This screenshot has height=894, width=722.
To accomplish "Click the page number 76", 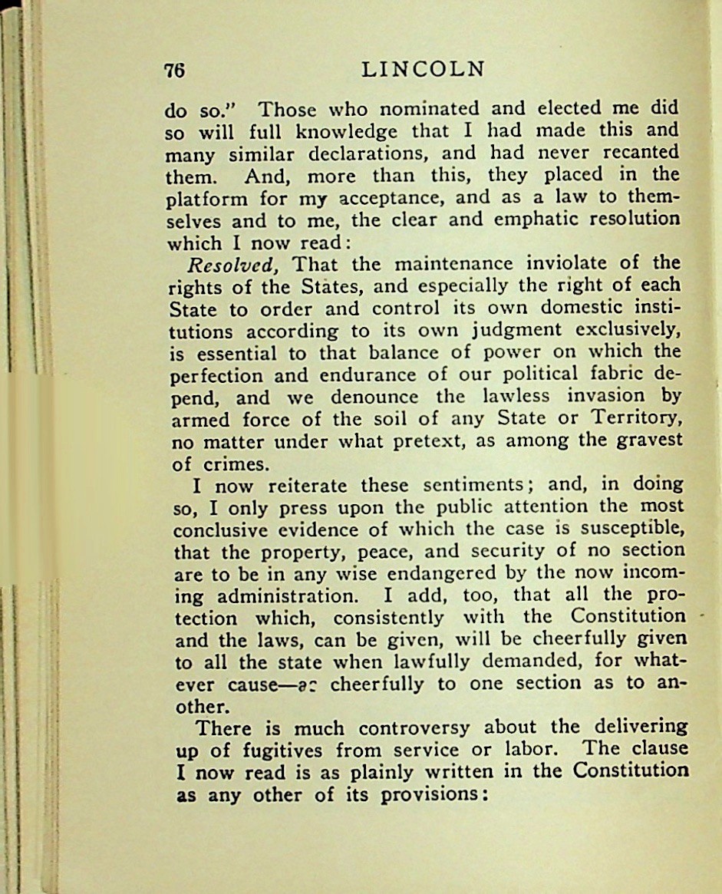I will [176, 71].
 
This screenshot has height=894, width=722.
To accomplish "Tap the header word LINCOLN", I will [423, 70].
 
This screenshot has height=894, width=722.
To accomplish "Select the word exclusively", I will [627, 332].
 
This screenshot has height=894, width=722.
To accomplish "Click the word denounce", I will [375, 398].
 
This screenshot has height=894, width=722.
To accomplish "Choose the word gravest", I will [649, 441].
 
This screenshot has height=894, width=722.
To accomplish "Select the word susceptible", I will [626, 529].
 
